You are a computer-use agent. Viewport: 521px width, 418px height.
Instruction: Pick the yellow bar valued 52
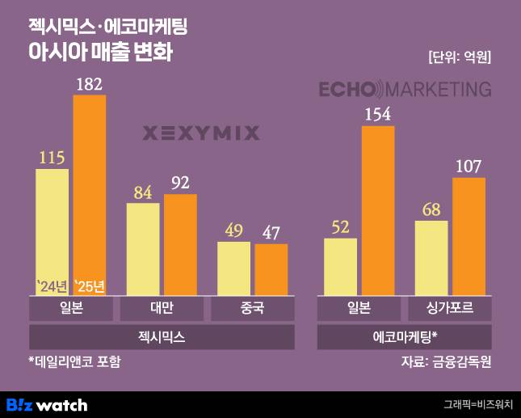tap(340, 268)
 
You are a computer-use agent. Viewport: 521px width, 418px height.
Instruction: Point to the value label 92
tap(180, 182)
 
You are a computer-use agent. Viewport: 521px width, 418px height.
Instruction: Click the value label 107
tap(468, 167)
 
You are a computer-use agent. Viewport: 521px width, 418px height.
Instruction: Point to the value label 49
tap(234, 230)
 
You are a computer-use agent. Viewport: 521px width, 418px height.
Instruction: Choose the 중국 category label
tap(252, 309)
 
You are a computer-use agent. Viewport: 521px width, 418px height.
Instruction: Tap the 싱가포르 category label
tap(449, 309)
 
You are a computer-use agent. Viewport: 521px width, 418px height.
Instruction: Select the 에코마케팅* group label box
tap(405, 336)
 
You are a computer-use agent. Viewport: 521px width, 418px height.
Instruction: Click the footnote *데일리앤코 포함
tap(74, 361)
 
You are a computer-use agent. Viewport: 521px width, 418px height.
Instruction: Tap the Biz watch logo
tap(47, 404)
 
